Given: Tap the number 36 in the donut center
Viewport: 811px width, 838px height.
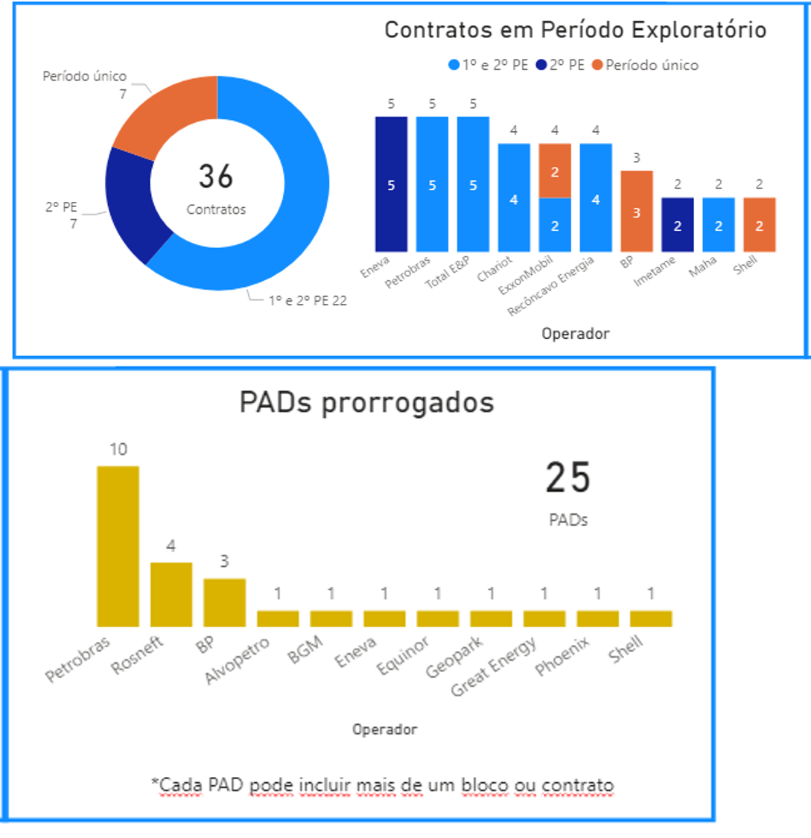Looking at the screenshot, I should pyautogui.click(x=216, y=176).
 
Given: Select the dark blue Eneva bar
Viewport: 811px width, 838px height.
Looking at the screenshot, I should pyautogui.click(x=391, y=184).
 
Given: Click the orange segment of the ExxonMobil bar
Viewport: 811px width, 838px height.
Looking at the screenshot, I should pyautogui.click(x=555, y=171).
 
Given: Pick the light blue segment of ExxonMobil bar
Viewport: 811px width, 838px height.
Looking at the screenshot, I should pyautogui.click(x=555, y=225).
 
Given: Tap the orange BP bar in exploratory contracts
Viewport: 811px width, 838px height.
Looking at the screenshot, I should pyautogui.click(x=637, y=211).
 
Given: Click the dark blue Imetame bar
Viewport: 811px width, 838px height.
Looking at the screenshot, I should pyautogui.click(x=678, y=225).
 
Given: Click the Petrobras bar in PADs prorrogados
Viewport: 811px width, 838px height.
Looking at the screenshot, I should pyautogui.click(x=118, y=546).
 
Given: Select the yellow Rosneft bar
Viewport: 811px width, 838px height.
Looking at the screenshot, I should pyautogui.click(x=171, y=594).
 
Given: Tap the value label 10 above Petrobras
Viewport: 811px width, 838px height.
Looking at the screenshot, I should pyautogui.click(x=118, y=449).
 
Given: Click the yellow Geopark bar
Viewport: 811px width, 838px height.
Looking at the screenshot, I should pyautogui.click(x=491, y=618).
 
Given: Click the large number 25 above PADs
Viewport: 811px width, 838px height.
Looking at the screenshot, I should pyautogui.click(x=567, y=478).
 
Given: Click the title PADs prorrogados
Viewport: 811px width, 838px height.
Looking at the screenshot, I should pyautogui.click(x=366, y=402).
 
